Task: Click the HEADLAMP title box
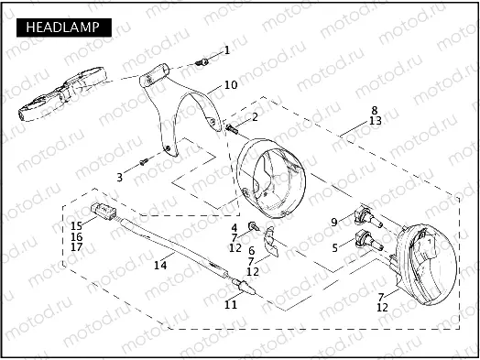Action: coord(64,27)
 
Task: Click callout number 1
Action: coord(227,50)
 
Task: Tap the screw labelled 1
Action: coord(202,62)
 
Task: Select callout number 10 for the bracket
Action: coord(231,85)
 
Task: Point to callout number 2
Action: coord(255,116)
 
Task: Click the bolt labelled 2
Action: coord(232,128)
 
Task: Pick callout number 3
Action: coord(119,177)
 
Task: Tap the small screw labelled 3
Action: coord(144,161)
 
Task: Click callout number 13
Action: coord(376,121)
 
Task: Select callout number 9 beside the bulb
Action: coord(334,223)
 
